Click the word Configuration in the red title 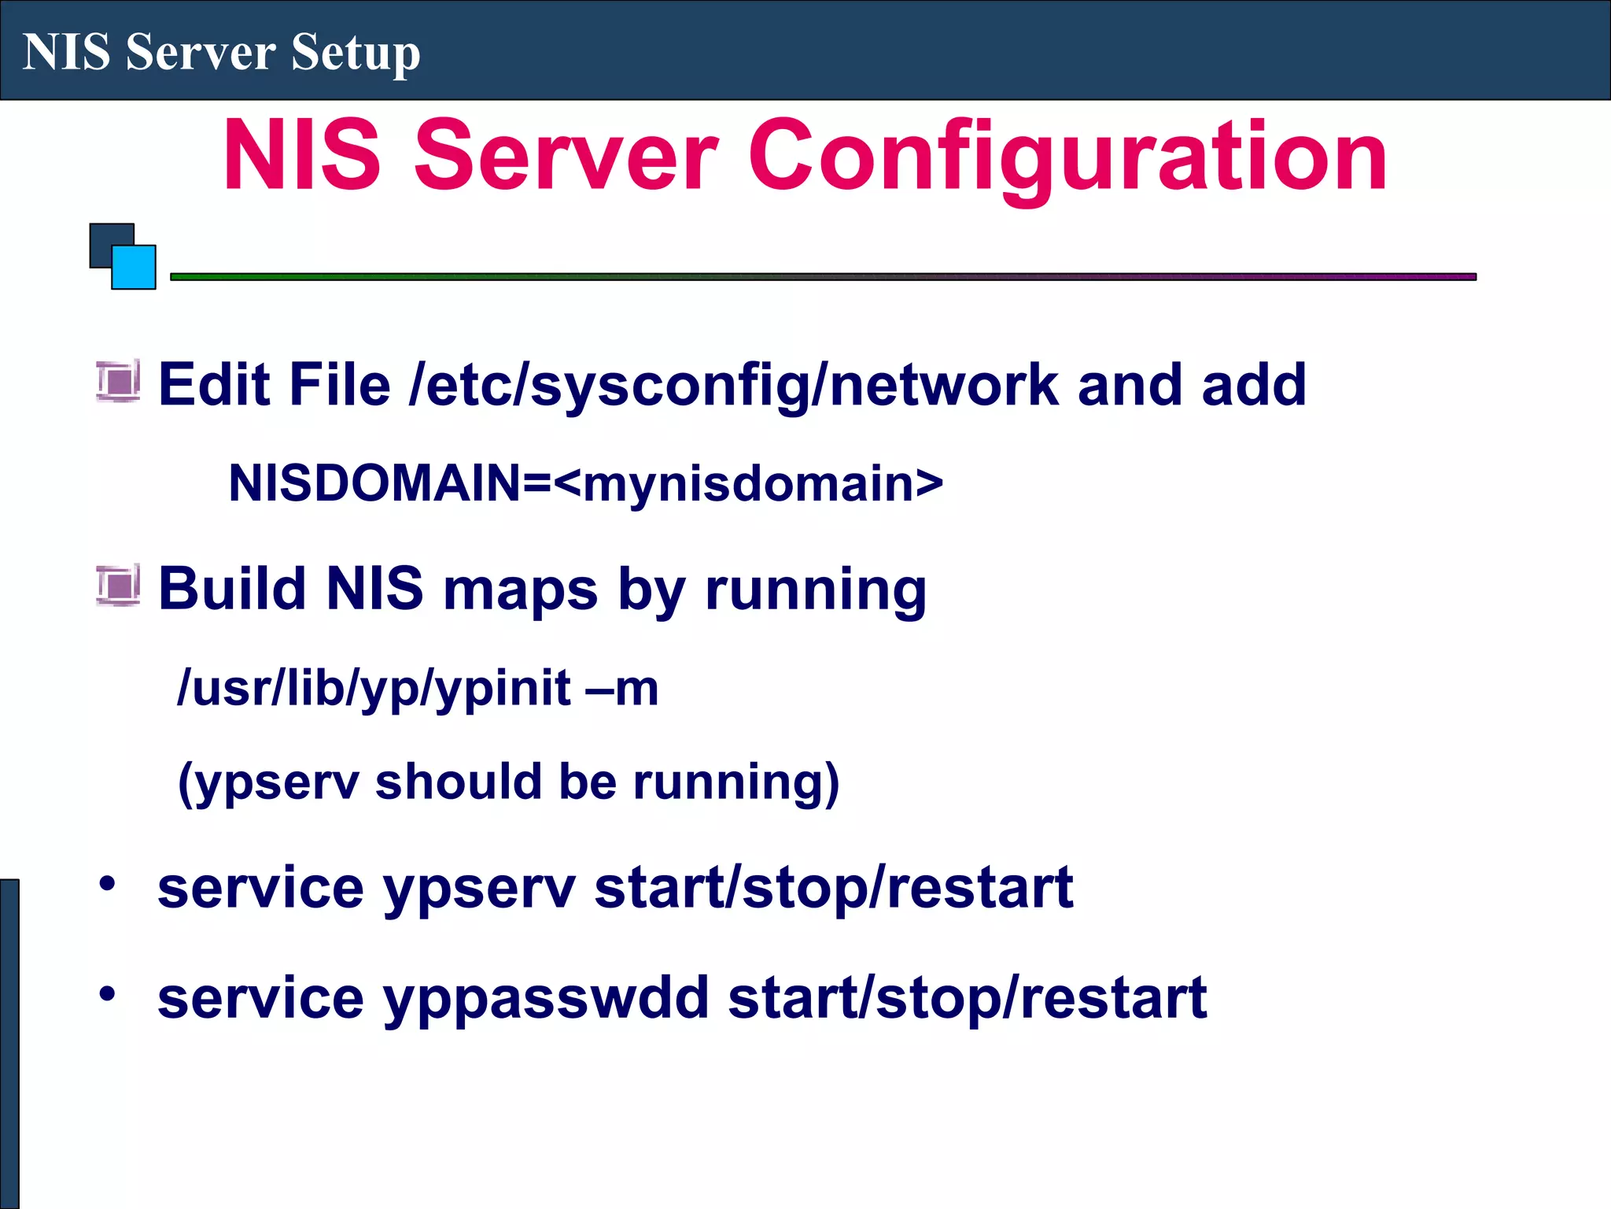[1067, 155]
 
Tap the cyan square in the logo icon [134, 268]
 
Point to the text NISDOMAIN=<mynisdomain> [585, 482]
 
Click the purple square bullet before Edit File [118, 381]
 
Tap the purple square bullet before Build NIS [118, 586]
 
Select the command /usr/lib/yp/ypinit [374, 688]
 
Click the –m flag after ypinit [621, 688]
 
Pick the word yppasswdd [546, 997]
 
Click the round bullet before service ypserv [107, 883]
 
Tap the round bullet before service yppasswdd [107, 993]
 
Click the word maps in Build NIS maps [520, 590]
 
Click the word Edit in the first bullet [206, 385]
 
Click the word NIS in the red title [302, 155]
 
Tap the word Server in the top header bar [201, 53]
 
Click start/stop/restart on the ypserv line [833, 887]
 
